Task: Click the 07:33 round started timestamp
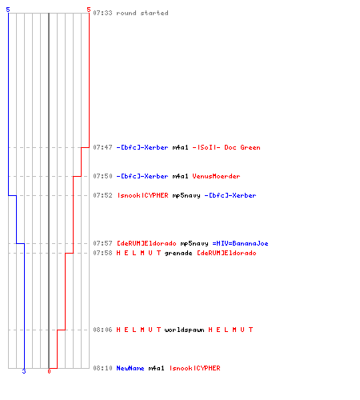tap(102, 13)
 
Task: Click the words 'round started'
tap(142, 13)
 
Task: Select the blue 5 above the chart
tap(8, 10)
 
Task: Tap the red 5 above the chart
tap(89, 10)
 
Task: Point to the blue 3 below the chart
tap(24, 371)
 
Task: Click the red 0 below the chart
tap(49, 371)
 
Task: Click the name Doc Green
tap(242, 147)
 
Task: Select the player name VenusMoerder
tap(216, 176)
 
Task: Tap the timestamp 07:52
tap(102, 195)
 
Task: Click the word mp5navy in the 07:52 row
tap(186, 195)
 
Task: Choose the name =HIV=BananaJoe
tap(240, 243)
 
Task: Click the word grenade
tap(178, 253)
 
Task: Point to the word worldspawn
tap(185, 330)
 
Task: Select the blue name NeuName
tap(130, 368)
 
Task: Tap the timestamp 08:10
tap(102, 368)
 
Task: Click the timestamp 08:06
tap(102, 330)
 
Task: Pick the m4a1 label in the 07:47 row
tap(181, 147)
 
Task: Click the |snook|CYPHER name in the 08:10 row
tap(195, 368)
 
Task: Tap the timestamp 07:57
tap(102, 243)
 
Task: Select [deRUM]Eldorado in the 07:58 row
tap(226, 253)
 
